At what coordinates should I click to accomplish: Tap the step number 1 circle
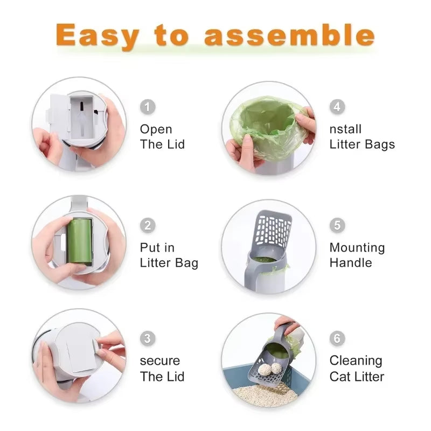pos(148,107)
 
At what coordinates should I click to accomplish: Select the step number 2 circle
pos(148,225)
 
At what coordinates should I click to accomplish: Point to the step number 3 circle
pos(148,338)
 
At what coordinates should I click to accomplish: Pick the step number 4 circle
pos(337,107)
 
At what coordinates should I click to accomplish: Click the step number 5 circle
pos(337,225)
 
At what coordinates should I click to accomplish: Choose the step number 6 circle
pos(337,338)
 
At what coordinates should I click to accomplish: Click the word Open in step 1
pos(156,130)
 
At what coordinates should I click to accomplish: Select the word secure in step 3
pos(160,361)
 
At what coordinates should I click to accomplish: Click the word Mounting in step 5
pos(357,248)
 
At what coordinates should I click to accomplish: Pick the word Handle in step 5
pos(351,263)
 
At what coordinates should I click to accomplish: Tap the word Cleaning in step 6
pos(356,361)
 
